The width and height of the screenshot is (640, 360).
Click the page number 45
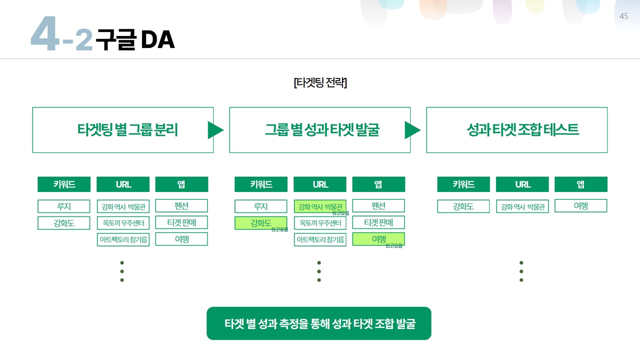623,16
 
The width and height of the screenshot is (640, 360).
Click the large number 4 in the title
45,34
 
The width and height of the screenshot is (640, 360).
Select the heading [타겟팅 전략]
320,82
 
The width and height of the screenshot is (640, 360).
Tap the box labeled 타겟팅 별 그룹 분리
123,130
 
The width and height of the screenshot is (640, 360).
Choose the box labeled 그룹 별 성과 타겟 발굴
320,130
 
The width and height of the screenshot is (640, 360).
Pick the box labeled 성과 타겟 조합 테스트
517,130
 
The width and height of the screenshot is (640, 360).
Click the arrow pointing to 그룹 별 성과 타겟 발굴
215,130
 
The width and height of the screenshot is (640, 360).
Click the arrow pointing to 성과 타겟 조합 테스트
412,130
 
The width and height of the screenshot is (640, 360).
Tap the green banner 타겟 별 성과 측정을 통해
319,323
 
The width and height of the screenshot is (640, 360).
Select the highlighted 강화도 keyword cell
261,223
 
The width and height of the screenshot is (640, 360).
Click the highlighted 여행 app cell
378,239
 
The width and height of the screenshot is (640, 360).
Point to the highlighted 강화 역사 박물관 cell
320,206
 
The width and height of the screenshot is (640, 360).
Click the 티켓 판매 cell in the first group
181,222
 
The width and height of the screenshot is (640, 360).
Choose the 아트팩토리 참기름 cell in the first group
123,239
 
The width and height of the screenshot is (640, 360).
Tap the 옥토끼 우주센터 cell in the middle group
320,223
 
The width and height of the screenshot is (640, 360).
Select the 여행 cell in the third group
581,206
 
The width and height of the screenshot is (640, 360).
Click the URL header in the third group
522,184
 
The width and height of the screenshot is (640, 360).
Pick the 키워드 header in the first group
64,184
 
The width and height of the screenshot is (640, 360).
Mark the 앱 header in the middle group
378,184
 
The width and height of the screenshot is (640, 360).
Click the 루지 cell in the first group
64,206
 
